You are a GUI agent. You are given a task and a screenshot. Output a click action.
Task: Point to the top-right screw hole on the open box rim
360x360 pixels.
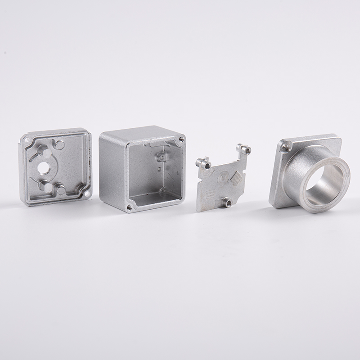click(x=181, y=139)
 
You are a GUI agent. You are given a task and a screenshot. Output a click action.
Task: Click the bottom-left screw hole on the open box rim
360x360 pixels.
click(x=129, y=207)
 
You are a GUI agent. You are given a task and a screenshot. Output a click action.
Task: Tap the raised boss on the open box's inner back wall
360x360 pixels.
click(x=160, y=157)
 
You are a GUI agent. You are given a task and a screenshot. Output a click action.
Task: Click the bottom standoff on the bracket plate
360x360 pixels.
click(x=227, y=203)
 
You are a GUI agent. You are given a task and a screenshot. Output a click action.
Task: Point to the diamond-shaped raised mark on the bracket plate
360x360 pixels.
click(x=236, y=179)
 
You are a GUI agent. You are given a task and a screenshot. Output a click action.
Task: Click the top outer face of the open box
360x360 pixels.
click(x=139, y=133)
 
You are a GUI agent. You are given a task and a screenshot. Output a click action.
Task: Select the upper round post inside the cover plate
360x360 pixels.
click(x=58, y=145)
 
